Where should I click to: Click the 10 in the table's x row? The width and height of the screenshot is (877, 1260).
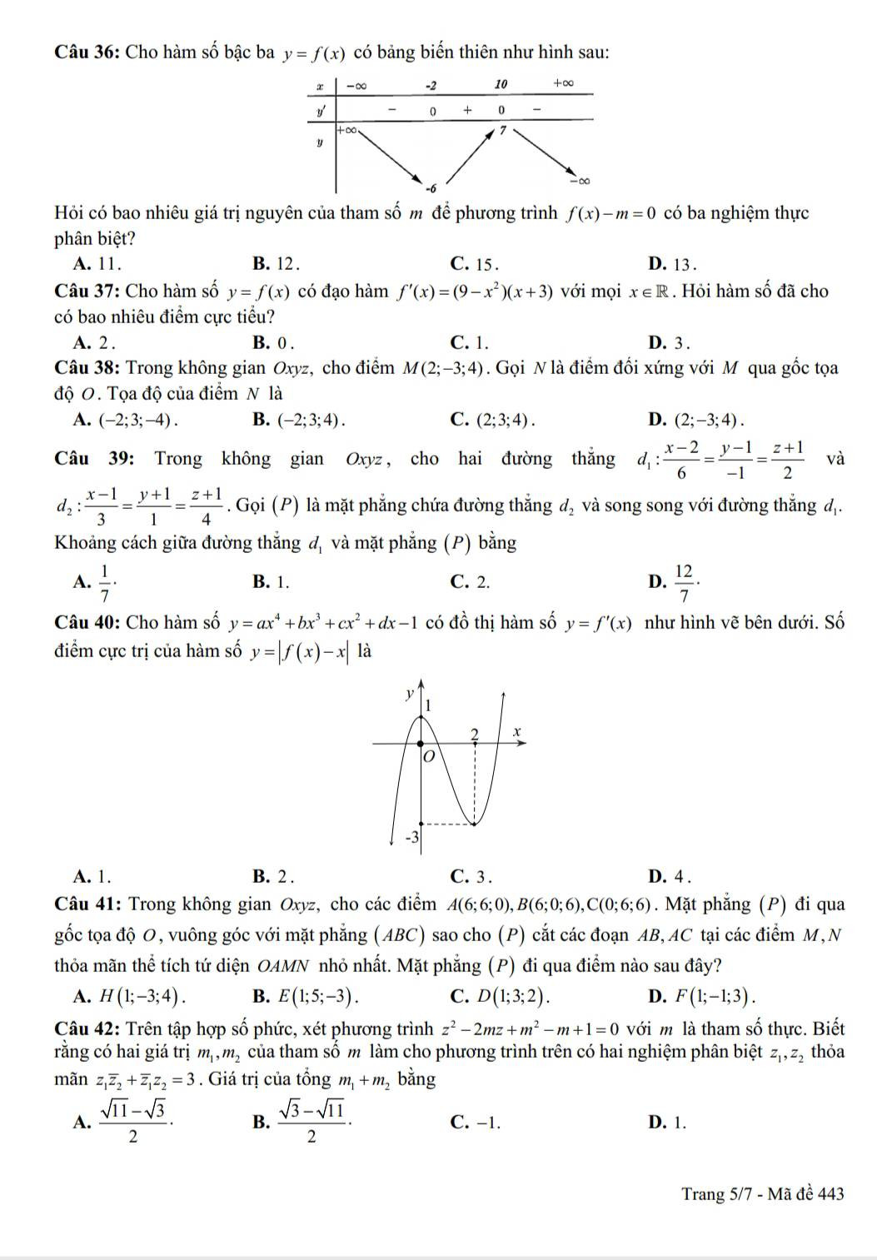click(501, 85)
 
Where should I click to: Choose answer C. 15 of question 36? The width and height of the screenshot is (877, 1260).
click(474, 265)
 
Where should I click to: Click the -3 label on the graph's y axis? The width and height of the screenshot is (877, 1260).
click(411, 835)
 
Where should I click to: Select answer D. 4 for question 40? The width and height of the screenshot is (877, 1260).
click(671, 876)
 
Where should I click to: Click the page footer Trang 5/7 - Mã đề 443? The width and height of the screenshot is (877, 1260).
click(762, 1194)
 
